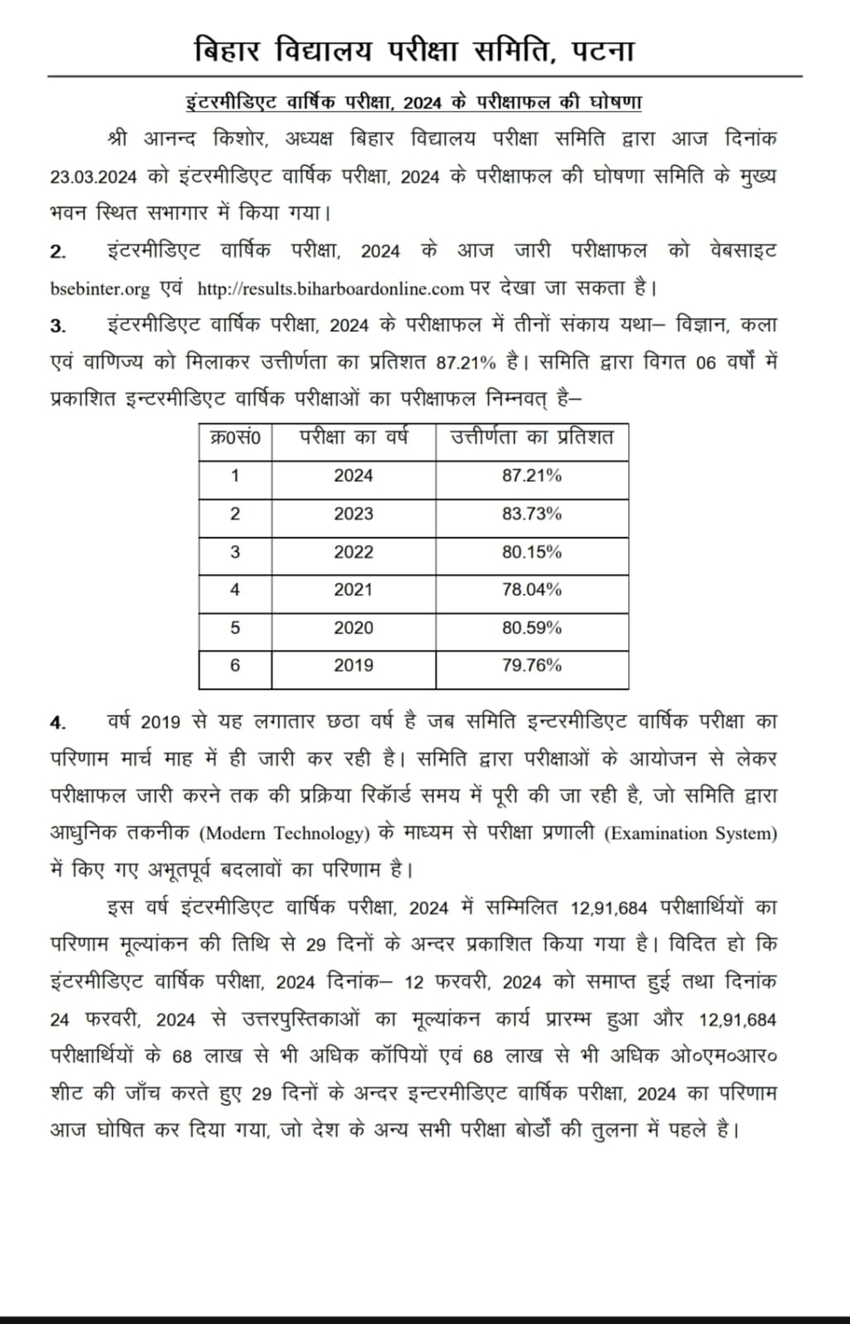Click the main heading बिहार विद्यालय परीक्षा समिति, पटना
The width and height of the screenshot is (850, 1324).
coord(413,51)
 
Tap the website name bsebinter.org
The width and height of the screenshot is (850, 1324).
coord(99,289)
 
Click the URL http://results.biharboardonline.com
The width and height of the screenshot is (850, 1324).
coord(330,289)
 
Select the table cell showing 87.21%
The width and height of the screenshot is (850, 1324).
coord(531,476)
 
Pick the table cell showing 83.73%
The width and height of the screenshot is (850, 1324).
coord(531,514)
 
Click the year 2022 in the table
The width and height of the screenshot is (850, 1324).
coord(353,552)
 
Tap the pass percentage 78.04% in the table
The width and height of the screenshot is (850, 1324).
coord(531,590)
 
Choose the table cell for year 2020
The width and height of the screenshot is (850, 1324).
coord(353,628)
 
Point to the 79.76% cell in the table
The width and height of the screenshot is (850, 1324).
coord(531,666)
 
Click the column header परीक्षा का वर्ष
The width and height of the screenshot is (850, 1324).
coord(353,438)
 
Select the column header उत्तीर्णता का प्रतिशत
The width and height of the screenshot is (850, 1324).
coord(531,438)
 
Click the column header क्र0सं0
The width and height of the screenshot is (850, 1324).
coord(235,438)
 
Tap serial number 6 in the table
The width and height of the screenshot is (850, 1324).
coord(235,666)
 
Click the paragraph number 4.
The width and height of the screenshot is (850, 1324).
coord(57,723)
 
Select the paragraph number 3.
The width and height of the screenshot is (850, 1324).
coord(57,326)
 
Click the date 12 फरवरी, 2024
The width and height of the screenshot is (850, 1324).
coord(472,983)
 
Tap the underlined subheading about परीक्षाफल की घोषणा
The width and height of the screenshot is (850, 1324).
coord(413,103)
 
